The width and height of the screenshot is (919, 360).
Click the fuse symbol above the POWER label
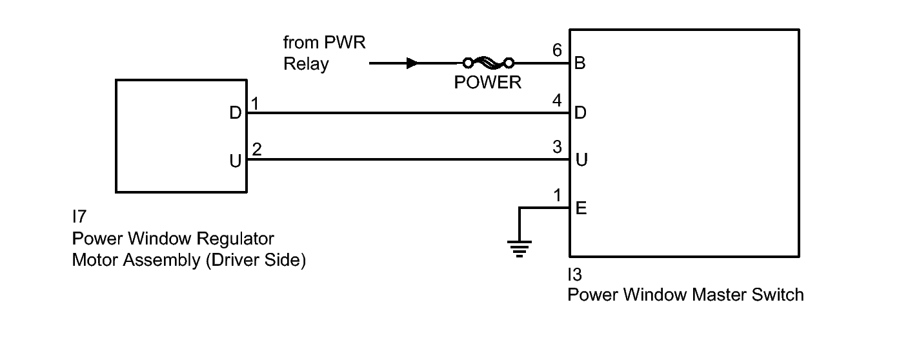tap(487, 63)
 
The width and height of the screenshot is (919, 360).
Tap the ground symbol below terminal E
tap(519, 248)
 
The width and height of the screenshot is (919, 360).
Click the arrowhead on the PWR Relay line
tap(412, 63)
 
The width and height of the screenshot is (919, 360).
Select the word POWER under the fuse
tap(487, 83)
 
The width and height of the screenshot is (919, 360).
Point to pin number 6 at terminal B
tap(558, 50)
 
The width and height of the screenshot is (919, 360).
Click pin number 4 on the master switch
tap(558, 100)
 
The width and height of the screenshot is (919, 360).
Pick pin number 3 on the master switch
tap(558, 146)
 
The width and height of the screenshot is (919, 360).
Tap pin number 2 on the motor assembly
tap(257, 150)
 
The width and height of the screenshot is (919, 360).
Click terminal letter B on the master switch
tap(580, 64)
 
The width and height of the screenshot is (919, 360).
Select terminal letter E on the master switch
tap(580, 209)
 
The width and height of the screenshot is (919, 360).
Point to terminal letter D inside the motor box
tap(236, 114)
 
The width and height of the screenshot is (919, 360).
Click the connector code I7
tap(79, 217)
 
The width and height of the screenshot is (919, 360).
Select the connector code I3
tap(574, 275)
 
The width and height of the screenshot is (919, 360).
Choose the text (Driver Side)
tap(256, 261)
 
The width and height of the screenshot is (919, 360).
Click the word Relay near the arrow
tap(306, 64)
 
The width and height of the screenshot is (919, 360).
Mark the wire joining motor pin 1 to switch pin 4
tap(407, 113)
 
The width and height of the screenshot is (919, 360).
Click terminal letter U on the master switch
tap(581, 160)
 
